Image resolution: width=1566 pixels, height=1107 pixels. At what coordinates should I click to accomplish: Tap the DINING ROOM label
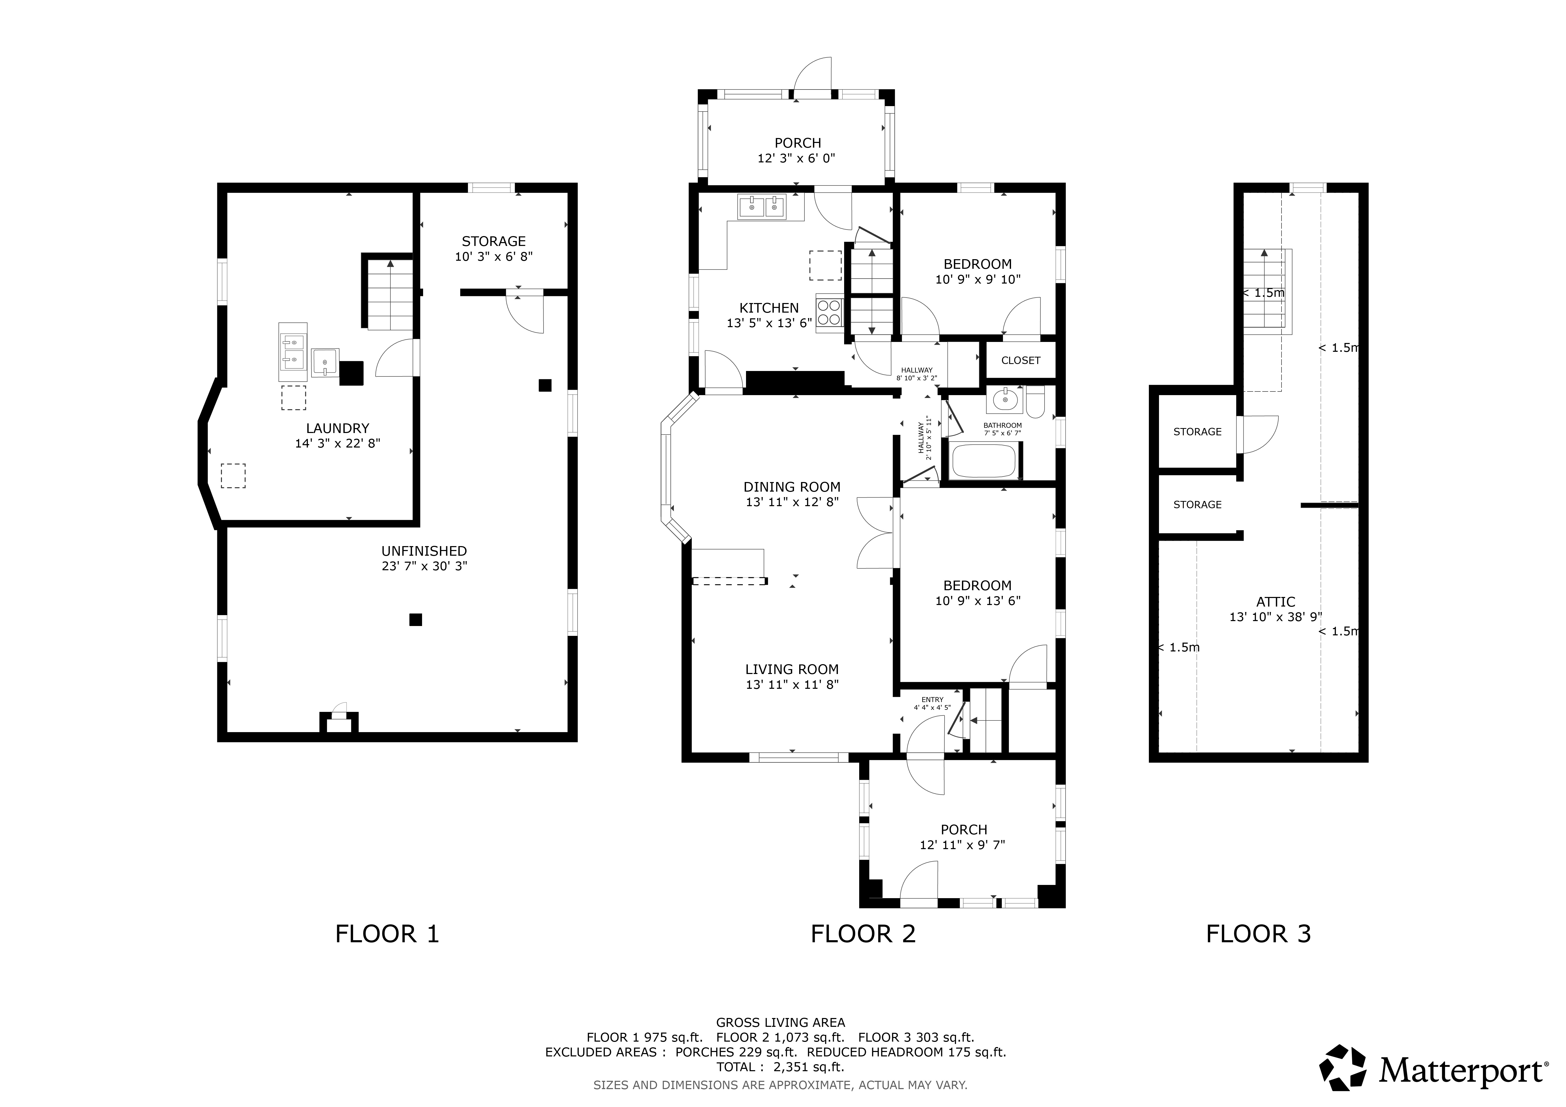[792, 487]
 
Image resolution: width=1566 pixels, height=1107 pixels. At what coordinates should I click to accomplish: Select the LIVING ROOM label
[792, 669]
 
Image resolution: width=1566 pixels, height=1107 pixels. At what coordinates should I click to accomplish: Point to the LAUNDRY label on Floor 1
[338, 428]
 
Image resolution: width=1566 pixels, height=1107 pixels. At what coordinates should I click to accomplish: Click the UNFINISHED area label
[424, 551]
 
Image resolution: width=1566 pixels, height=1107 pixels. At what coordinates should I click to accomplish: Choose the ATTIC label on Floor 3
[1276, 602]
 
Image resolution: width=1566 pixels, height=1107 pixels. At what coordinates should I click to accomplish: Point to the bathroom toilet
[1035, 402]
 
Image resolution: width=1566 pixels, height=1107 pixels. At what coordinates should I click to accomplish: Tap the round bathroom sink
[1004, 400]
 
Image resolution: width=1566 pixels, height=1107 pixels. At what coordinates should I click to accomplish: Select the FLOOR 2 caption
[863, 933]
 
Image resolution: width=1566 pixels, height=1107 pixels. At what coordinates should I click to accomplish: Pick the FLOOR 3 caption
[1258, 933]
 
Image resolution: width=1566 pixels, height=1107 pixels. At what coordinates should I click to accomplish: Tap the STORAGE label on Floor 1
[494, 241]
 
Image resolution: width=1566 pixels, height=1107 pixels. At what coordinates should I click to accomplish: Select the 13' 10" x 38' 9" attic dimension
[1276, 617]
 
